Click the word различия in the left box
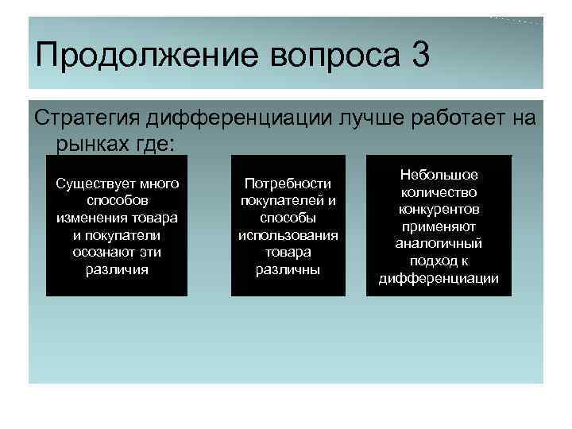117,269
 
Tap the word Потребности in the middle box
288,184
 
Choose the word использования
288,235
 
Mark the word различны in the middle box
288,269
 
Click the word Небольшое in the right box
439,174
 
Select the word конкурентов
439,209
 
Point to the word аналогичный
439,243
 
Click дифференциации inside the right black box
439,278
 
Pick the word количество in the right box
439,191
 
